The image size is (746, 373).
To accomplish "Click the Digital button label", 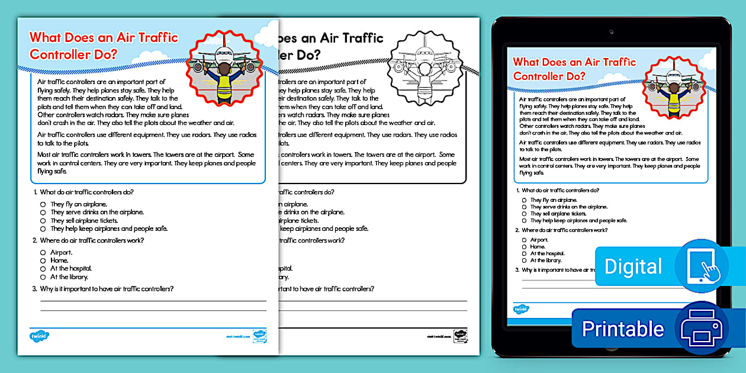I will coord(633,266).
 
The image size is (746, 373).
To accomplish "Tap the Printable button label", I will coord(623,329).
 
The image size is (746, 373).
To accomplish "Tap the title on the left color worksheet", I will coord(104,46).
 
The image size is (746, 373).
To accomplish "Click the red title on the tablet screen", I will coord(574,69).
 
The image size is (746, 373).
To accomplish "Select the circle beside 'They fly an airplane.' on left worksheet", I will coord(43,204).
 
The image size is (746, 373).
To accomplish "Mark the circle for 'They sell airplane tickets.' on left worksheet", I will coord(43,220).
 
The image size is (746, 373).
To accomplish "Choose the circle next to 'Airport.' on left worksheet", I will coord(43,252).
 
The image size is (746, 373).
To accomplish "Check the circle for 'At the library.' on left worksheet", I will coord(43,276).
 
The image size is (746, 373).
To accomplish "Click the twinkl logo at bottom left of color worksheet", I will coord(39,336).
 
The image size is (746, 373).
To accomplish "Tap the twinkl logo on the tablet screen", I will coord(521,309).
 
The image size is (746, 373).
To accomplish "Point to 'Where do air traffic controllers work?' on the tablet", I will coord(564,230).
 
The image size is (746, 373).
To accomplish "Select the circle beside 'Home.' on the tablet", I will coord(524,247).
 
